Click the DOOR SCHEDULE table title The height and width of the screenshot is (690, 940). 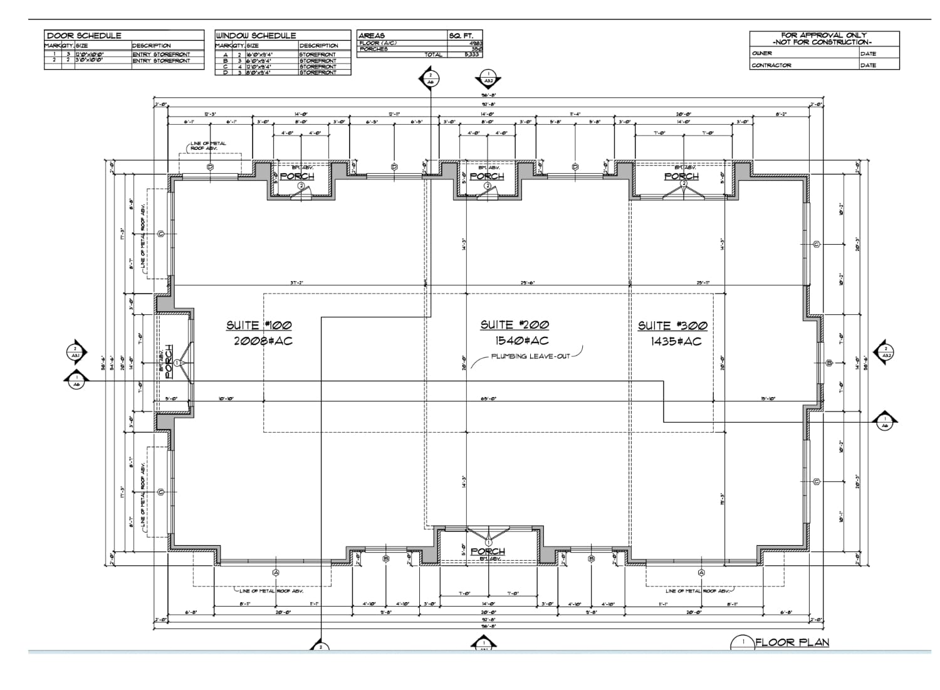click(x=84, y=36)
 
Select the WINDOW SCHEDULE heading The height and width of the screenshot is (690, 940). click(x=256, y=36)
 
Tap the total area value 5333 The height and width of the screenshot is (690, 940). click(x=472, y=55)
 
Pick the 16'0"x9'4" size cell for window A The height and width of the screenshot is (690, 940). click(x=259, y=55)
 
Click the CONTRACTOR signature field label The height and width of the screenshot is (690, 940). click(x=771, y=65)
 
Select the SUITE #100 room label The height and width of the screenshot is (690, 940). click(x=259, y=325)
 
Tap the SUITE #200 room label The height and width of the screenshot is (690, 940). click(x=514, y=324)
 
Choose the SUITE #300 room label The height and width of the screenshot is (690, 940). click(x=672, y=325)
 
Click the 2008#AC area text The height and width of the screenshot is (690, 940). click(x=263, y=341)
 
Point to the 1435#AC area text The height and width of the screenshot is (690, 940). click(x=676, y=341)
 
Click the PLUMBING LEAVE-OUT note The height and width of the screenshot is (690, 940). click(x=531, y=356)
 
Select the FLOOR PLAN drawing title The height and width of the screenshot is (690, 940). click(x=792, y=642)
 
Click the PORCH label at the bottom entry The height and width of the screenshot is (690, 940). click(x=488, y=551)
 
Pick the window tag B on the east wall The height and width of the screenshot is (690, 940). click(x=829, y=363)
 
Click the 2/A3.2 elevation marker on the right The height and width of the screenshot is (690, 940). click(x=886, y=353)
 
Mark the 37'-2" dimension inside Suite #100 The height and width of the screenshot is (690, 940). click(x=297, y=283)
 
